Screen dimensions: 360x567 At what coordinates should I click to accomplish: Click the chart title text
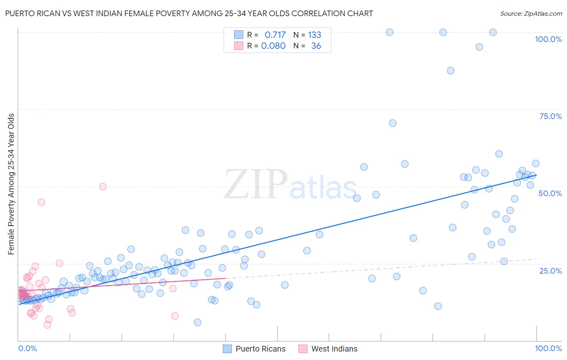(189, 13)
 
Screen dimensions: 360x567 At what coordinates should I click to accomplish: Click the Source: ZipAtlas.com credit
(531, 13)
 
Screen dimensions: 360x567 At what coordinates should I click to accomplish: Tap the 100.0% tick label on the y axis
(548, 39)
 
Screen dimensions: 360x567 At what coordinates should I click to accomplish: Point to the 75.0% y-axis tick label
(550, 116)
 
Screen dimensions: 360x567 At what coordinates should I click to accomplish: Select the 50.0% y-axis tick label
(550, 193)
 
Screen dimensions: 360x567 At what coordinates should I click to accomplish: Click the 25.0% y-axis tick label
(550, 271)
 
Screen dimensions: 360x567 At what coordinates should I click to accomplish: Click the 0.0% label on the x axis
(27, 348)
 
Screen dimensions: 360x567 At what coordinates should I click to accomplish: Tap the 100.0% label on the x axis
(548, 348)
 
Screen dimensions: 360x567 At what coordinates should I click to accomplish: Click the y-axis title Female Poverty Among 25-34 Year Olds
(11, 184)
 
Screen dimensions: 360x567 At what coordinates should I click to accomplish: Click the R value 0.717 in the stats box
(275, 35)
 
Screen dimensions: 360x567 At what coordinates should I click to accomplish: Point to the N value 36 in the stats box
(316, 46)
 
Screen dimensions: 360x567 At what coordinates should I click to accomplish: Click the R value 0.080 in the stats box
(273, 46)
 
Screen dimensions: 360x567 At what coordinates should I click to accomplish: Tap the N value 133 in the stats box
(315, 35)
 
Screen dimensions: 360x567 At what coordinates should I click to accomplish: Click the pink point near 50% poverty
(103, 186)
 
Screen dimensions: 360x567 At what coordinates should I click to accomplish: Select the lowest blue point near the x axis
(198, 322)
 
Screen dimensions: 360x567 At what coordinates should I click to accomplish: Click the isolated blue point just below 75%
(392, 123)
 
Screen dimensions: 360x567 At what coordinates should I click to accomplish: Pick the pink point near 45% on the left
(41, 202)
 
